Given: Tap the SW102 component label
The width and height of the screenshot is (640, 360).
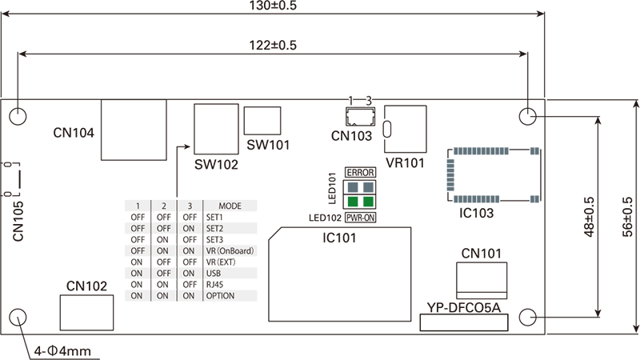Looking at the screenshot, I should [x=216, y=164].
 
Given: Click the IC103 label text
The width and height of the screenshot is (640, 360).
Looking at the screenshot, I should [x=476, y=214].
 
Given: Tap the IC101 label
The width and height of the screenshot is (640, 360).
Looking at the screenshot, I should [x=339, y=238].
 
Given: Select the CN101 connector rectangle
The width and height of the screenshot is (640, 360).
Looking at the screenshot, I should [x=482, y=278].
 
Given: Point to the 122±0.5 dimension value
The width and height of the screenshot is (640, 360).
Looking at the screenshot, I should [x=273, y=46].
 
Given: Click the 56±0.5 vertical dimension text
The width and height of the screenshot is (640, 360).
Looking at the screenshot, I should [x=628, y=217].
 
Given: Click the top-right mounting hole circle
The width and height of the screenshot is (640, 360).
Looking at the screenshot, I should [x=527, y=117].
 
